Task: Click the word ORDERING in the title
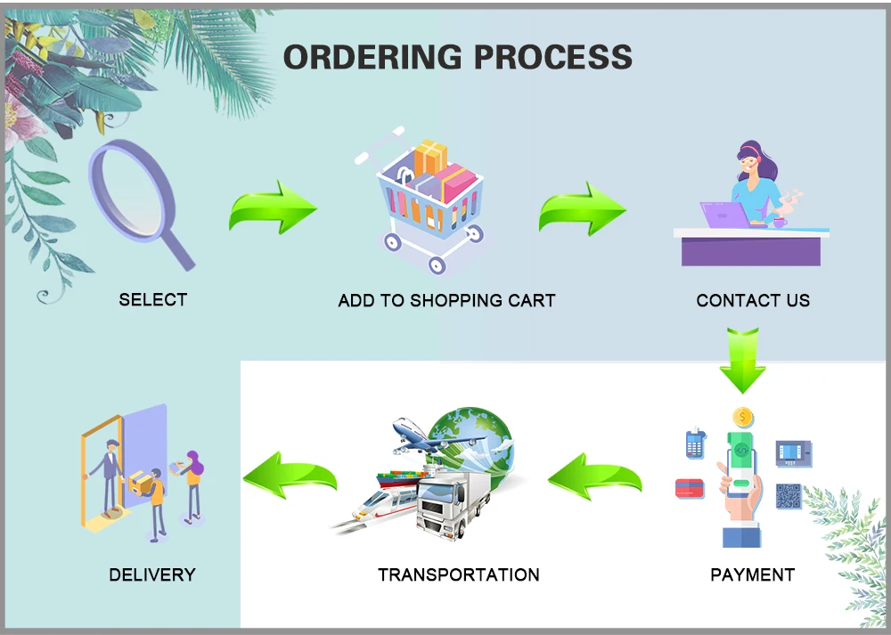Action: click(373, 57)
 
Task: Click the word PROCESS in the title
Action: click(552, 57)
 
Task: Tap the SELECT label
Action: click(153, 300)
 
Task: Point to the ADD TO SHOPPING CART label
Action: click(446, 301)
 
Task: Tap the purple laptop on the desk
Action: click(723, 215)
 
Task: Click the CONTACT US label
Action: click(753, 301)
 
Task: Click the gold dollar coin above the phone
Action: click(742, 417)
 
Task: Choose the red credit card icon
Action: click(691, 488)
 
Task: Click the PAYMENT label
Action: click(752, 574)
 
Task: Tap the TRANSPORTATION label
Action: click(458, 574)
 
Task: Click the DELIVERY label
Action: click(151, 574)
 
